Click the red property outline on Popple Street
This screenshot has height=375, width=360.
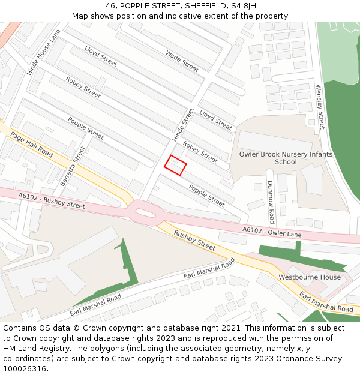[x=175, y=165]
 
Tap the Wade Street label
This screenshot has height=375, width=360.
[x=182, y=61]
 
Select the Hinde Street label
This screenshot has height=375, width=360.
[x=184, y=125]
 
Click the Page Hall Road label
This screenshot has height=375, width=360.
[x=32, y=146]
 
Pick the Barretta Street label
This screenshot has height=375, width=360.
[x=73, y=166]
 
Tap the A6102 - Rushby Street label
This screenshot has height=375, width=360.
[x=52, y=200]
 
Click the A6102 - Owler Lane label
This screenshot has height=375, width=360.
[x=272, y=232]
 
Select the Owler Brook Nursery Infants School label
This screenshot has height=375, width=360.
[x=286, y=158]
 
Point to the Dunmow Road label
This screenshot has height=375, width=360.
[x=271, y=202]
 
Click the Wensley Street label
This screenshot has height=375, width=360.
[x=320, y=107]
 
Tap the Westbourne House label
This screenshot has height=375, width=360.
[x=309, y=277]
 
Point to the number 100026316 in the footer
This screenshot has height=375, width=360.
[x=25, y=369]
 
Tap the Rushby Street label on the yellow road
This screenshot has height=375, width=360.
[x=194, y=240]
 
